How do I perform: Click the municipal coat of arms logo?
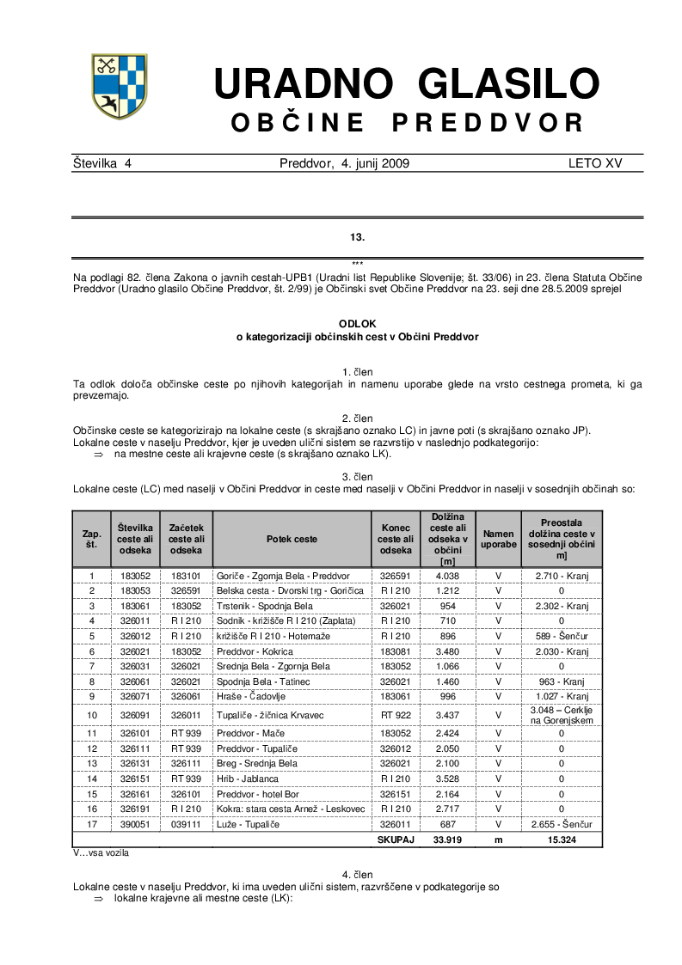point(120,86)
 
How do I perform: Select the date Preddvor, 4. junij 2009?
point(344,163)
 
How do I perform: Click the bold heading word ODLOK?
point(358,323)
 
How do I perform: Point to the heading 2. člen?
point(358,418)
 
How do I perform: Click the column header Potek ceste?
point(292,539)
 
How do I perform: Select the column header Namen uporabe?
point(498,539)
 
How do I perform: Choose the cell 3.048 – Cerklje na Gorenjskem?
point(562,715)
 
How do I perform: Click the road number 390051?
point(136,824)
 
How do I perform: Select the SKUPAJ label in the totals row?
point(396,840)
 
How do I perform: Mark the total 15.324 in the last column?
point(562,840)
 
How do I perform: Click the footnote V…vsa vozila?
point(101,853)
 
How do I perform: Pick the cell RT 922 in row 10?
point(396,715)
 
